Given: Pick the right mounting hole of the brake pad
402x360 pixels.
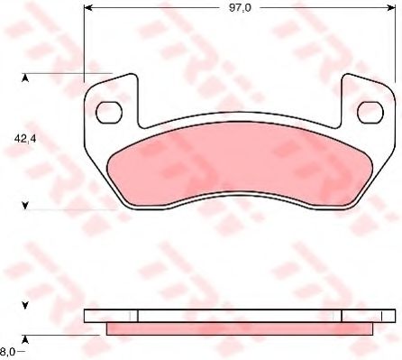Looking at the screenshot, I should click(x=370, y=112).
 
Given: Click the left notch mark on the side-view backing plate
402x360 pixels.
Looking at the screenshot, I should click(x=136, y=316).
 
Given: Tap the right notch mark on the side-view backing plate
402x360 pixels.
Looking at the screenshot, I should click(x=343, y=316).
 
